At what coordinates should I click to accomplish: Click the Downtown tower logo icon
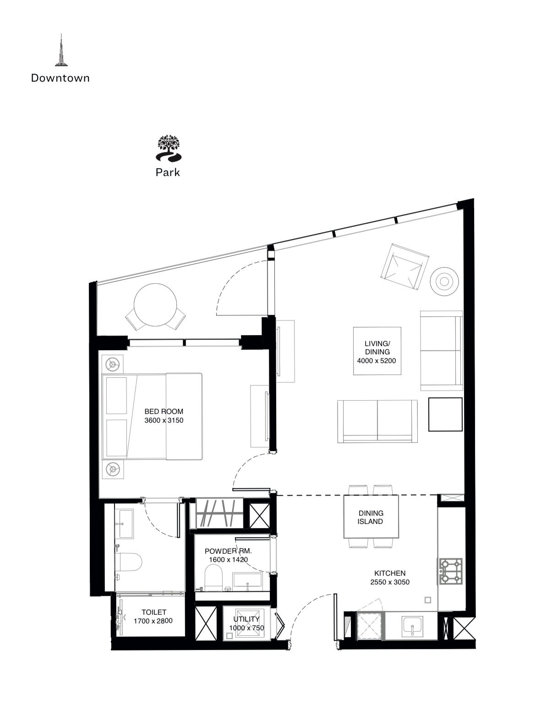[61, 50]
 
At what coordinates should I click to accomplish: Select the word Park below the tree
[168, 172]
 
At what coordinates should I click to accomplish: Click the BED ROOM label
[164, 412]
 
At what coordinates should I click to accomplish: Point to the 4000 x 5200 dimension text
[377, 360]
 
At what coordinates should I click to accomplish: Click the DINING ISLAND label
[371, 517]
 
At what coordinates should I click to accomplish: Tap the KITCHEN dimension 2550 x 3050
[390, 582]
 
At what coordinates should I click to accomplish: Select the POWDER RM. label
[228, 551]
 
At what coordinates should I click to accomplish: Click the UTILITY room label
[246, 619]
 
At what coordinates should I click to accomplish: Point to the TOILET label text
[154, 612]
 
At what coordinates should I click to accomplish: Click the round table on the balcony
[155, 305]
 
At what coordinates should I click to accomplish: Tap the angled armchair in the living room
[405, 266]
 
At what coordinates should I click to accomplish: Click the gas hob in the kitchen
[451, 571]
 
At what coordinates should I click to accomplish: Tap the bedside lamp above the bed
[112, 364]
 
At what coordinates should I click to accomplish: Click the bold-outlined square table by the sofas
[445, 414]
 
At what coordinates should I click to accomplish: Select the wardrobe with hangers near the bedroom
[219, 514]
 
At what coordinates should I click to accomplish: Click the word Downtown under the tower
[60, 78]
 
